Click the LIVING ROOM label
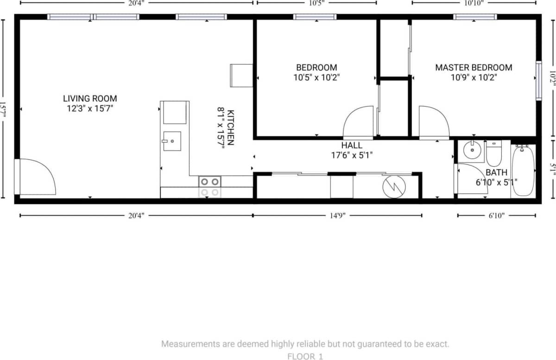90,98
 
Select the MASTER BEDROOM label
474,68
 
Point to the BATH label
496,172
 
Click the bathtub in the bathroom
523,171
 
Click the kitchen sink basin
172,141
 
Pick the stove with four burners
209,187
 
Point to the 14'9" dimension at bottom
337,215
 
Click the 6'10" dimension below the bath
496,215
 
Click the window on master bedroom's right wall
538,81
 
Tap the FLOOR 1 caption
305,356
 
